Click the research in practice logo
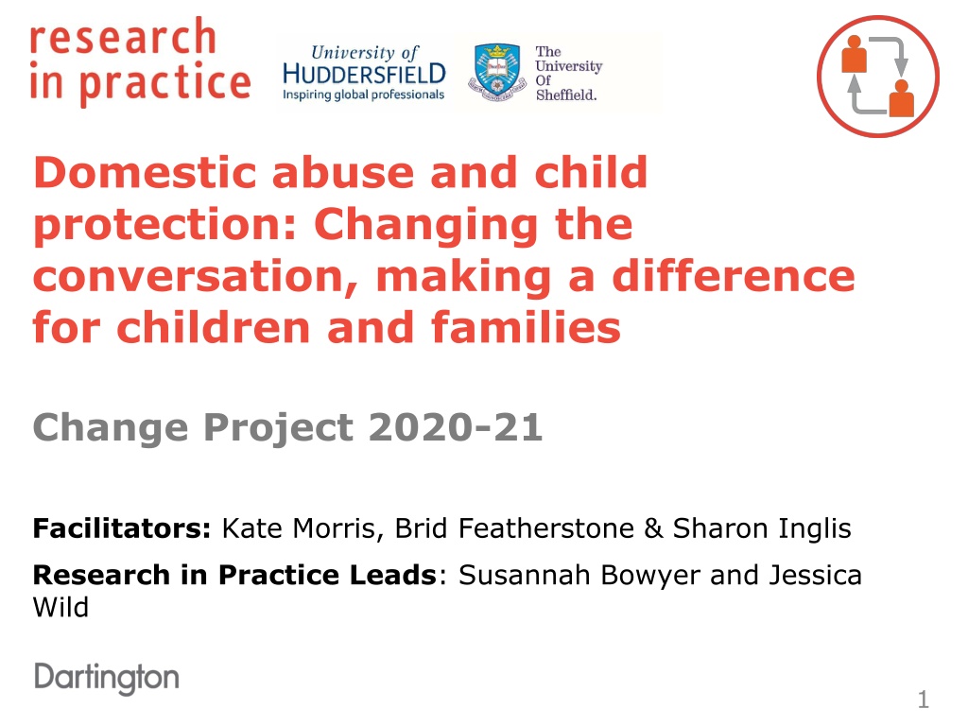140,60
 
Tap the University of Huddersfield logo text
364,72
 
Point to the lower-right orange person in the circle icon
901,97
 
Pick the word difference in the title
734,276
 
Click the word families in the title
526,327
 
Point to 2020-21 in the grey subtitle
456,427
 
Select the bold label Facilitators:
122,528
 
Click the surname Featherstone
546,528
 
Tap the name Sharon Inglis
762,529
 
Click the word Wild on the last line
60,608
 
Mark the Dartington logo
107,679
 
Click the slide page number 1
924,700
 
